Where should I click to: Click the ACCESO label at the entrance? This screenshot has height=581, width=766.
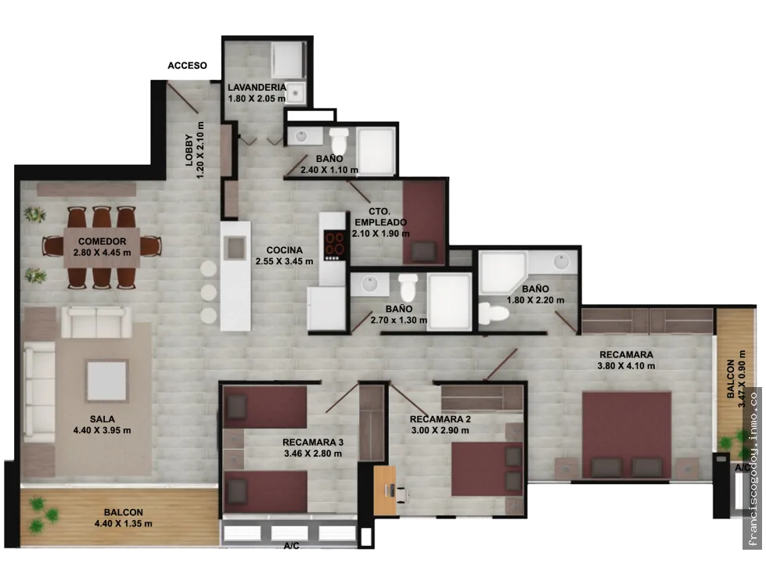[x=187, y=66]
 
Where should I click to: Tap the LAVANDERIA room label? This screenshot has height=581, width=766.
[x=257, y=88]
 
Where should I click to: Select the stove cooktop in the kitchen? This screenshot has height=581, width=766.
[x=335, y=245]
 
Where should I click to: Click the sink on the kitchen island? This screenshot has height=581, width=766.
[x=236, y=248]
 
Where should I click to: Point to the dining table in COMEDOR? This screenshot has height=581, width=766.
[x=102, y=248]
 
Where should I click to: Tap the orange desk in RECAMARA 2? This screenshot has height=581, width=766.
[x=385, y=490]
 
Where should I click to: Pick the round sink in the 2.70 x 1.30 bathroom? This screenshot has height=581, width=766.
[x=369, y=285]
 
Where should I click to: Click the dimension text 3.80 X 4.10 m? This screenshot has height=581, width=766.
[x=626, y=366]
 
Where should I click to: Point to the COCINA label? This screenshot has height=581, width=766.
[x=284, y=250]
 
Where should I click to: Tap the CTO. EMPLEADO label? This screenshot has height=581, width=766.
[x=380, y=217]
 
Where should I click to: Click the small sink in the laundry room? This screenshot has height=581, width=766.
[x=295, y=93]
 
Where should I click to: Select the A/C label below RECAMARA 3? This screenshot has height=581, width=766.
[x=292, y=546]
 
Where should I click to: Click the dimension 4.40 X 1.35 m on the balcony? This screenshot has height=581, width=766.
[x=123, y=524]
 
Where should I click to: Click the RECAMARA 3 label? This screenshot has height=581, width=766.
[x=313, y=443]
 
